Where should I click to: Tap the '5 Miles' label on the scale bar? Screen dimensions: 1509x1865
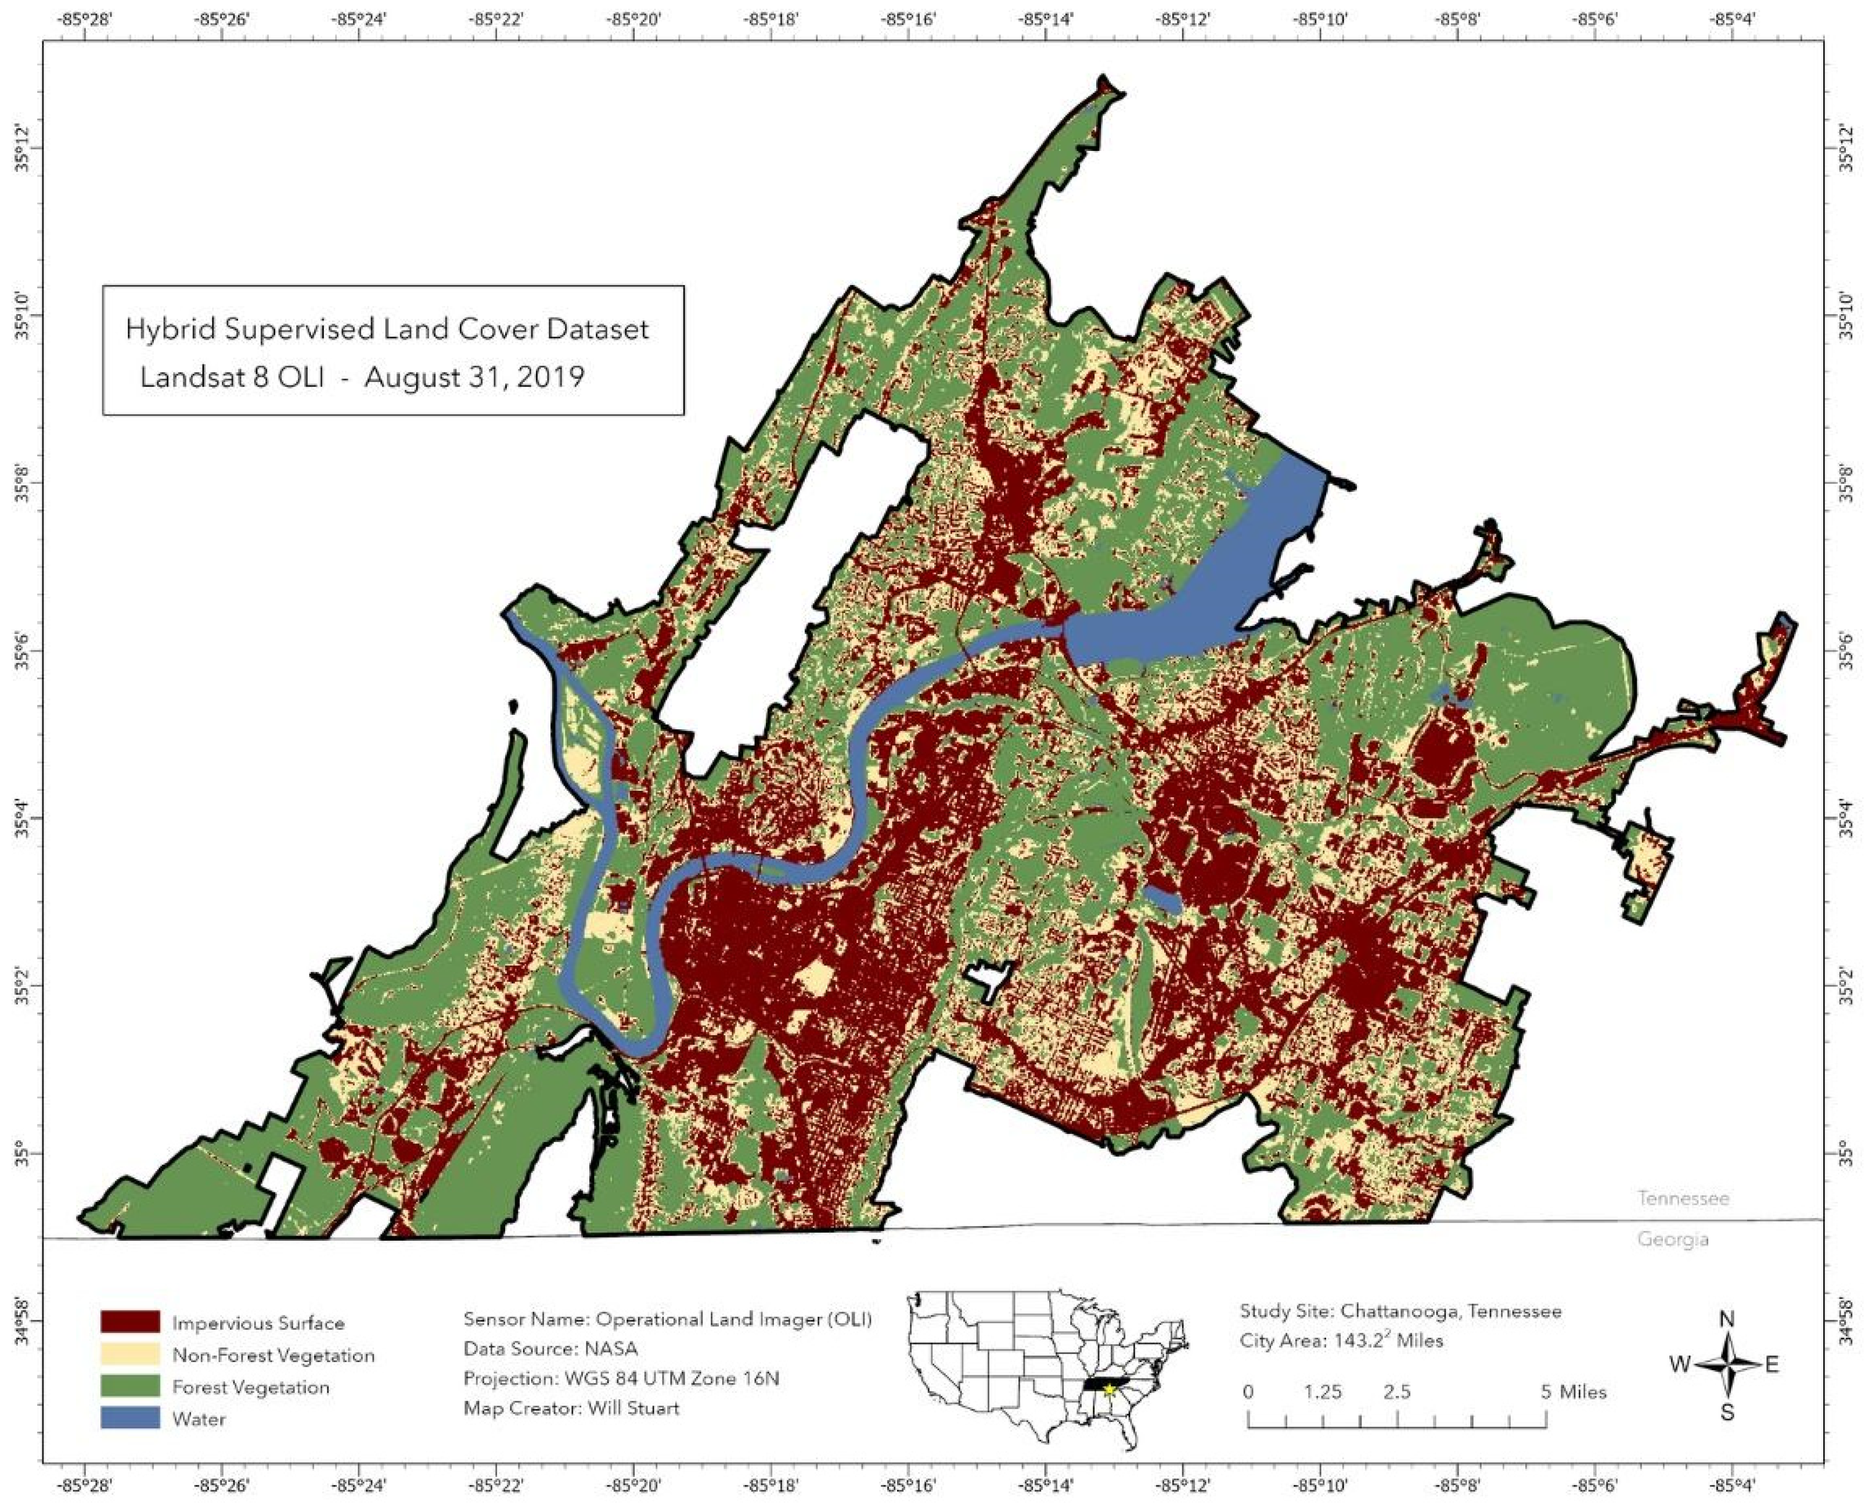pyautogui.click(x=1574, y=1392)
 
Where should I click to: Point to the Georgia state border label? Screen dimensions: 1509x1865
pyautogui.click(x=1672, y=1238)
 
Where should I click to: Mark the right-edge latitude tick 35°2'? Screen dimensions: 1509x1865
pyautogui.click(x=1848, y=988)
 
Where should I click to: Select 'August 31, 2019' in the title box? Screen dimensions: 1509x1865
pyautogui.click(x=474, y=378)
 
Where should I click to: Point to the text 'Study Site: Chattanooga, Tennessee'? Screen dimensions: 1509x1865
pyautogui.click(x=1400, y=1311)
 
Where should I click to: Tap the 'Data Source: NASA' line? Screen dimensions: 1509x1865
pyautogui.click(x=550, y=1349)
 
